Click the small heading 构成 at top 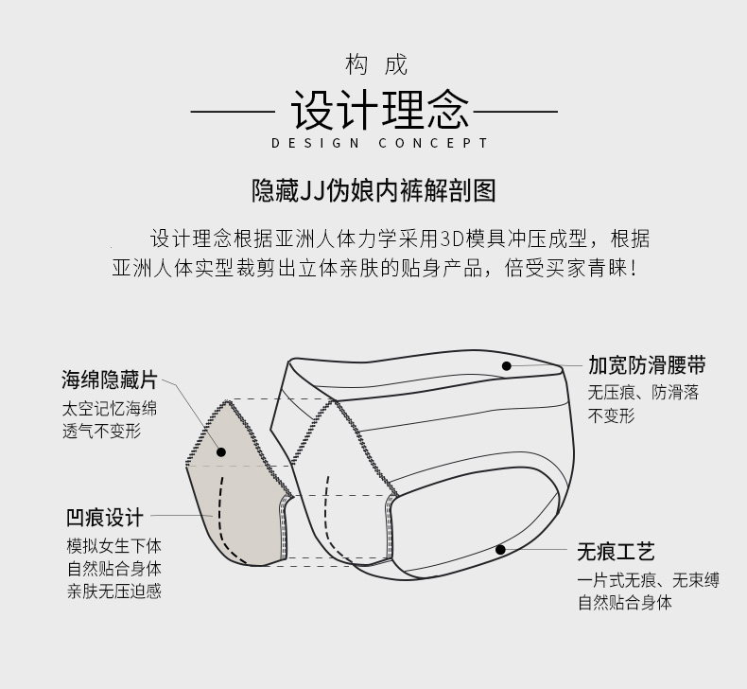pos(376,65)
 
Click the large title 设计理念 pos(378,111)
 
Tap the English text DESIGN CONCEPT pos(379,144)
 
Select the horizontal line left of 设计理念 pos(232,112)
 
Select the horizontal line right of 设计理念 pos(514,112)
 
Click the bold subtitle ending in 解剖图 pos(373,190)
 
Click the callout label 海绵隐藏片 pos(109,380)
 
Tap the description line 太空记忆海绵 pos(110,410)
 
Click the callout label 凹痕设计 pos(105,517)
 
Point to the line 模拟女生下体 pos(113,546)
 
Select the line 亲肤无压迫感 pos(113,592)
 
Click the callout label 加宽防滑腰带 pos(647,365)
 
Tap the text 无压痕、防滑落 pos(644,393)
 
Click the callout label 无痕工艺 pos(617,551)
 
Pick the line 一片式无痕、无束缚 pos(649,580)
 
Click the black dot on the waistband pos(507,365)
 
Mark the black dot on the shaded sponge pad pos(221,452)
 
